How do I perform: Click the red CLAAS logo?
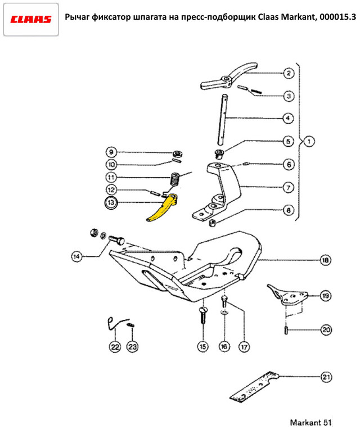(x=31, y=19)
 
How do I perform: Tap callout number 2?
(x=287, y=74)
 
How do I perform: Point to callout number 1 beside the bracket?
(x=309, y=141)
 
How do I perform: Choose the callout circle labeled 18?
(x=325, y=260)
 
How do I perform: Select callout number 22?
(x=115, y=347)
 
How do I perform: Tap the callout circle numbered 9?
(x=111, y=152)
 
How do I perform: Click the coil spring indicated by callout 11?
(x=175, y=182)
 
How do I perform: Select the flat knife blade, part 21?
(x=255, y=388)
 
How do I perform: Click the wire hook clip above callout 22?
(x=115, y=322)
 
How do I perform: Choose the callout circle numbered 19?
(x=325, y=295)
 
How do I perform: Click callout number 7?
(x=287, y=188)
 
